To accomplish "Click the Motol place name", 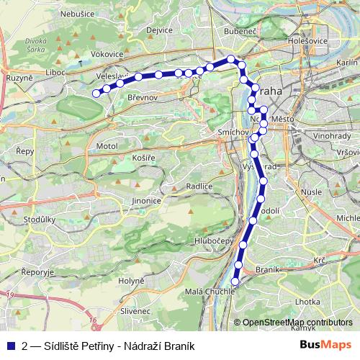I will coord(106,146).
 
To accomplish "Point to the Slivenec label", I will coord(135,310).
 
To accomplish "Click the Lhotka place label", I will coord(307,302).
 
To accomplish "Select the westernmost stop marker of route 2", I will coord(95,92).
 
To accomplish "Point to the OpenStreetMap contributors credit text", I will coord(297,323).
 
